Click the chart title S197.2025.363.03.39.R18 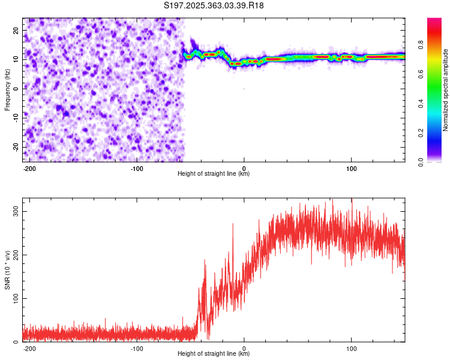click(x=214, y=6)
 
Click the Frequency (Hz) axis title click(x=7, y=89)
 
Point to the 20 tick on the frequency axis click(x=16, y=30)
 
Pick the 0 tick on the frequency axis click(x=18, y=89)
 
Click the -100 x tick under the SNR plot click(x=137, y=349)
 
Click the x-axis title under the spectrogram click(x=214, y=174)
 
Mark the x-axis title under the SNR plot click(x=214, y=354)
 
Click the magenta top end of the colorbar click(x=434, y=21)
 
